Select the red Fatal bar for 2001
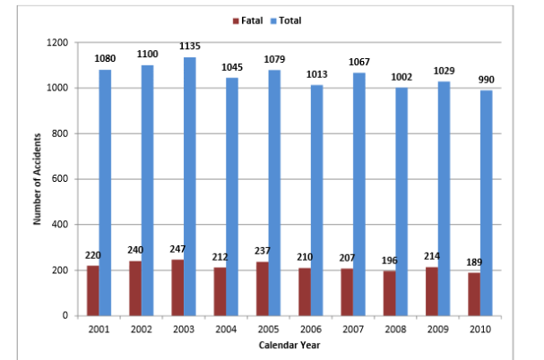point(92,290)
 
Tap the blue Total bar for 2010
point(486,202)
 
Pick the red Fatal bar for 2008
point(390,293)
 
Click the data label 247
point(177,248)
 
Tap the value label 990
point(486,80)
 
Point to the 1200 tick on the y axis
point(58,43)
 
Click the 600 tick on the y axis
point(62,179)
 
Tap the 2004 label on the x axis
point(226,330)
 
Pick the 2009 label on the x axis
point(438,330)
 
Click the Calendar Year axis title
point(289,345)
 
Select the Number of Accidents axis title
point(39,179)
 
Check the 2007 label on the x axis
point(353,330)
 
